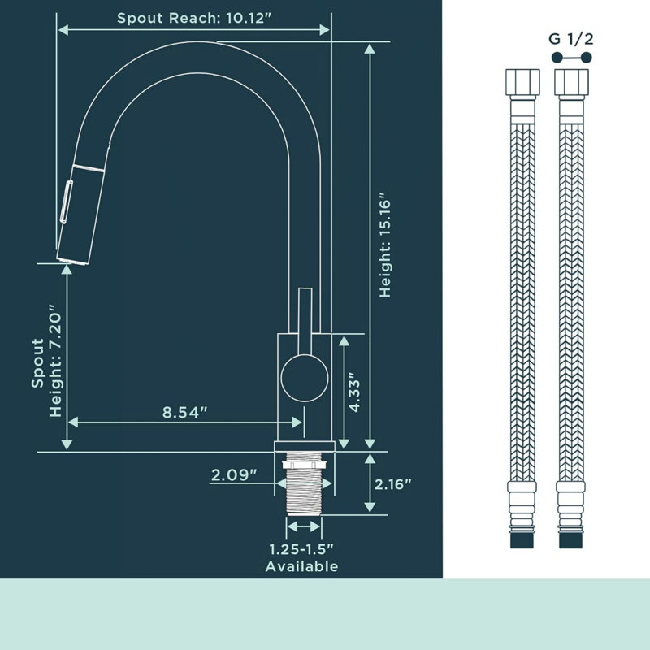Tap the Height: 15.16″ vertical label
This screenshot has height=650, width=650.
tap(385, 245)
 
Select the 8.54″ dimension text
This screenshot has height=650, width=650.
tap(184, 413)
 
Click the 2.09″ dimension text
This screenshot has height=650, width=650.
tap(234, 474)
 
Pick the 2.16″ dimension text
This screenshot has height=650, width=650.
tap(392, 484)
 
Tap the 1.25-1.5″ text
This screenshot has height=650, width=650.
tap(301, 550)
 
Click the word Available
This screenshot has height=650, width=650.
tap(301, 566)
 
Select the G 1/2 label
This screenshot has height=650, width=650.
tap(571, 39)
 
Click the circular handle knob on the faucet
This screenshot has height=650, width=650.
tap(305, 378)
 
